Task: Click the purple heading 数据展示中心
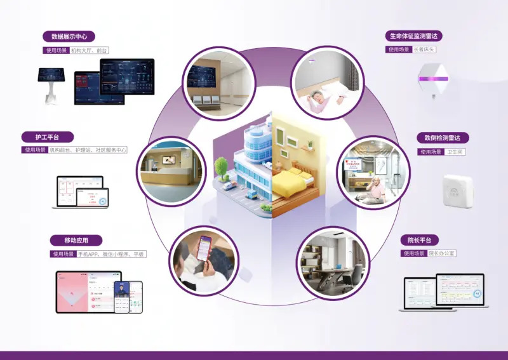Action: pos(69,36)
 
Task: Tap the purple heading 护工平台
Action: pos(46,137)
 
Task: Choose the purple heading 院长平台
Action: pos(419,240)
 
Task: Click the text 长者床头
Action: pos(424,49)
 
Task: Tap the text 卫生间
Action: pos(456,152)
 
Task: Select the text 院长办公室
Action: pos(442,253)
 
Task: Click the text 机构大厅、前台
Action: pos(90,50)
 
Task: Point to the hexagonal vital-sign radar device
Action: pos(433,80)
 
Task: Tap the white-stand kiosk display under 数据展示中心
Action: pos(51,83)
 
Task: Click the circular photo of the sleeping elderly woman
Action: pos(327,83)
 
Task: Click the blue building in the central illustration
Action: pos(251,156)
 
